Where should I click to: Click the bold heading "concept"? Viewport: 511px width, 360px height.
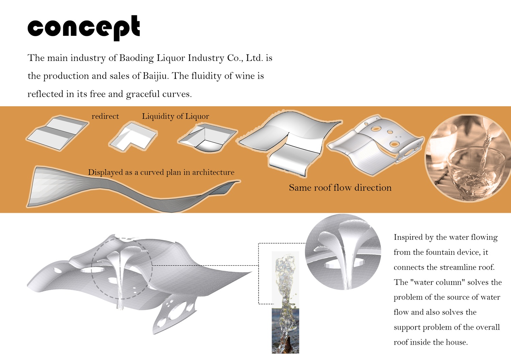pyautogui.click(x=83, y=27)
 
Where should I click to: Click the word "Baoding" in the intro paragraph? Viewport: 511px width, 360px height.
pyautogui.click(x=136, y=58)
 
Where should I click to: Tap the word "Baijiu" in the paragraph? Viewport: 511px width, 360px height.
pyautogui.click(x=155, y=76)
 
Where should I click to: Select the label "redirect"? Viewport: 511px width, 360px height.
pyautogui.click(x=105, y=116)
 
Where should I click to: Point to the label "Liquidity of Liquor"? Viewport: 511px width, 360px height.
pyautogui.click(x=175, y=116)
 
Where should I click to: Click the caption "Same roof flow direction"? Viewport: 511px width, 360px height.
pyautogui.click(x=340, y=188)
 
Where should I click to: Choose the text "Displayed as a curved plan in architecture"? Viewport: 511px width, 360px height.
pyautogui.click(x=161, y=172)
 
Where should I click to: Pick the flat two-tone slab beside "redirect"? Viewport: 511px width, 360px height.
pyautogui.click(x=57, y=133)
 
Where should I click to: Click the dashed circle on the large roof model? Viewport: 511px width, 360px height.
pyautogui.click(x=122, y=268)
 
